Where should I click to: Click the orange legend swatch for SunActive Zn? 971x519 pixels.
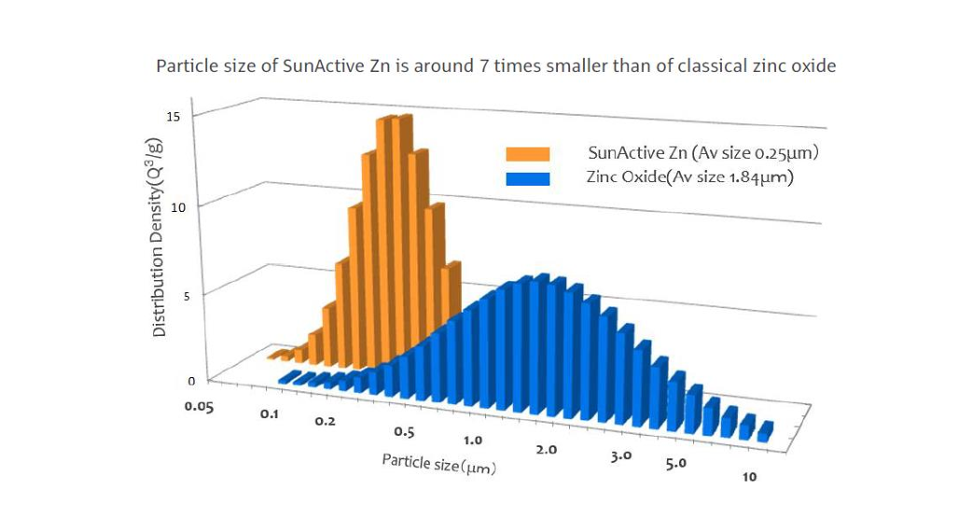pyautogui.click(x=527, y=154)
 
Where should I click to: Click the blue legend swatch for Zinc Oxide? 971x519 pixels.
pyautogui.click(x=527, y=177)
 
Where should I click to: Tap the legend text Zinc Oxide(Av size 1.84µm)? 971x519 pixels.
pyautogui.click(x=689, y=177)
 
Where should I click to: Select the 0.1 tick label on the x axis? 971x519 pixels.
pyautogui.click(x=269, y=413)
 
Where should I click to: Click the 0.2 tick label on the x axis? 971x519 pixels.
pyautogui.click(x=324, y=422)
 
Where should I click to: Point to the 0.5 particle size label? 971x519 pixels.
pyautogui.click(x=404, y=432)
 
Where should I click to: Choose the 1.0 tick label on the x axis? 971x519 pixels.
pyautogui.click(x=472, y=440)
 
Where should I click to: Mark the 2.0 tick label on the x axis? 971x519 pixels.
pyautogui.click(x=547, y=449)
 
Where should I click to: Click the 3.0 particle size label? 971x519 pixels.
pyautogui.click(x=621, y=456)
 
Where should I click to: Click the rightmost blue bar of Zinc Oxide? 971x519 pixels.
pyautogui.click(x=765, y=431)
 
